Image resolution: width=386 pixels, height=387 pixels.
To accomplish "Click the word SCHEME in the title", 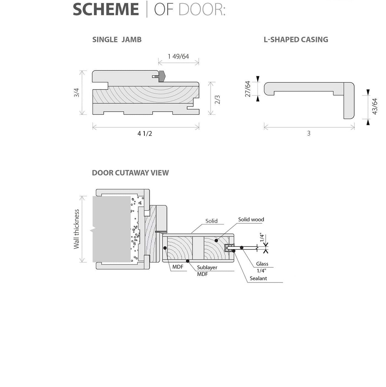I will [106, 9].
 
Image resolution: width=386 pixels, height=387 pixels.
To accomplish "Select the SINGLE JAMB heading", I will [117, 40].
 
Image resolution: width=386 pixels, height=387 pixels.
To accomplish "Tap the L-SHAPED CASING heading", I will [296, 40].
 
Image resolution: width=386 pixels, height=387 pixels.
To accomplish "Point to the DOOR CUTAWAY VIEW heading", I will [130, 173].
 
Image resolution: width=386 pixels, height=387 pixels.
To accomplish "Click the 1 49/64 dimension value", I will [178, 57].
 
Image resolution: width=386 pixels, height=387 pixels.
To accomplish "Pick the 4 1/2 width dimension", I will [145, 134].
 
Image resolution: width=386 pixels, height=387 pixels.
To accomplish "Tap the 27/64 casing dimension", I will [248, 89].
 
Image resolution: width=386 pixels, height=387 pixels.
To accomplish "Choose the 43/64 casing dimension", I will [375, 106].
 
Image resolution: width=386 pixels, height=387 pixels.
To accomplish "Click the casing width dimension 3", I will [309, 134].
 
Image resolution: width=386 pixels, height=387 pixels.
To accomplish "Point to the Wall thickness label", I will [77, 229].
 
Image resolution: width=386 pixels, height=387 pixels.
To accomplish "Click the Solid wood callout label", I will [251, 219].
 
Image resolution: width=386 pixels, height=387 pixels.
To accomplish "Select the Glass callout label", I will [262, 264].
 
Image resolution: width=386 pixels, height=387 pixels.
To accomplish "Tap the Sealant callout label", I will [258, 278].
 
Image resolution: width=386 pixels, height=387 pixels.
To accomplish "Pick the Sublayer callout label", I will [207, 267].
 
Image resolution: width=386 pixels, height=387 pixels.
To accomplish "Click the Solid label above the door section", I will [211, 221].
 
